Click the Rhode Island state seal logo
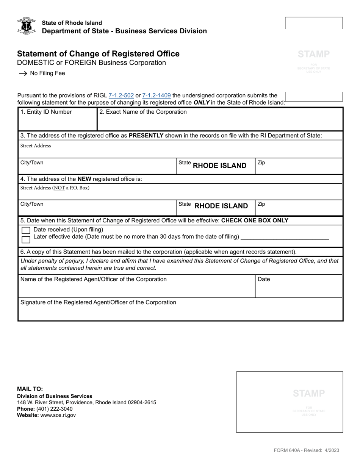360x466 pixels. pyautogui.click(x=26, y=26)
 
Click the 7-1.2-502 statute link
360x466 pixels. pyautogui.click(x=121, y=96)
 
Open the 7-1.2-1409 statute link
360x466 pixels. pyautogui.click(x=156, y=96)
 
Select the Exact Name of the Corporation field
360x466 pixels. pyautogui.click(x=220, y=122)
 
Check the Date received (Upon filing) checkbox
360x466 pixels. pyautogui.click(x=26, y=230)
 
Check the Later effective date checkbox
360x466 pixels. pyautogui.click(x=26, y=239)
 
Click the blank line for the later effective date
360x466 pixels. pyautogui.click(x=285, y=237)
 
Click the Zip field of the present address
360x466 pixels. pyautogui.click(x=298, y=167)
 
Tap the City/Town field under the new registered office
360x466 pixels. pyautogui.click(x=97, y=208)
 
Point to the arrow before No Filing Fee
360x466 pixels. pyautogui.click(x=23, y=73)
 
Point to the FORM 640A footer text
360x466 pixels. pyautogui.click(x=306, y=450)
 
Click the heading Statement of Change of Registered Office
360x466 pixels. pyautogui.click(x=98, y=54)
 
